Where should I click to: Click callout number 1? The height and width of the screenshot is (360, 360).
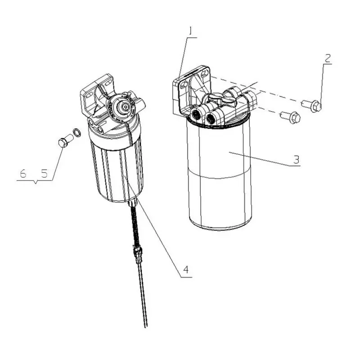click(190, 31)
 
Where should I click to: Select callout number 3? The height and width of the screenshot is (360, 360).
click(297, 159)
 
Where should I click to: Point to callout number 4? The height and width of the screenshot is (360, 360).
click(186, 269)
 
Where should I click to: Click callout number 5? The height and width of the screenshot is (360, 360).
click(44, 174)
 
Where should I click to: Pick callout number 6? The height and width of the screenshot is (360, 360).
click(23, 174)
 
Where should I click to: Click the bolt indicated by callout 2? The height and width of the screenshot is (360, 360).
click(312, 106)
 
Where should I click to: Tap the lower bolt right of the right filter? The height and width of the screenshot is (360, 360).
click(291, 117)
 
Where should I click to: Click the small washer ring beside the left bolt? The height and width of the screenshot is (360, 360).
click(76, 132)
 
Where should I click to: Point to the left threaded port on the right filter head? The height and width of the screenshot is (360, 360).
click(195, 114)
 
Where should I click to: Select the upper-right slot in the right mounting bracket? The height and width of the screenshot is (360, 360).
click(203, 73)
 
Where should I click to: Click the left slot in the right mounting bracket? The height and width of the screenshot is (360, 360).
click(184, 86)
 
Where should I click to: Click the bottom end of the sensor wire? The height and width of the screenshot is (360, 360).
click(146, 326)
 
